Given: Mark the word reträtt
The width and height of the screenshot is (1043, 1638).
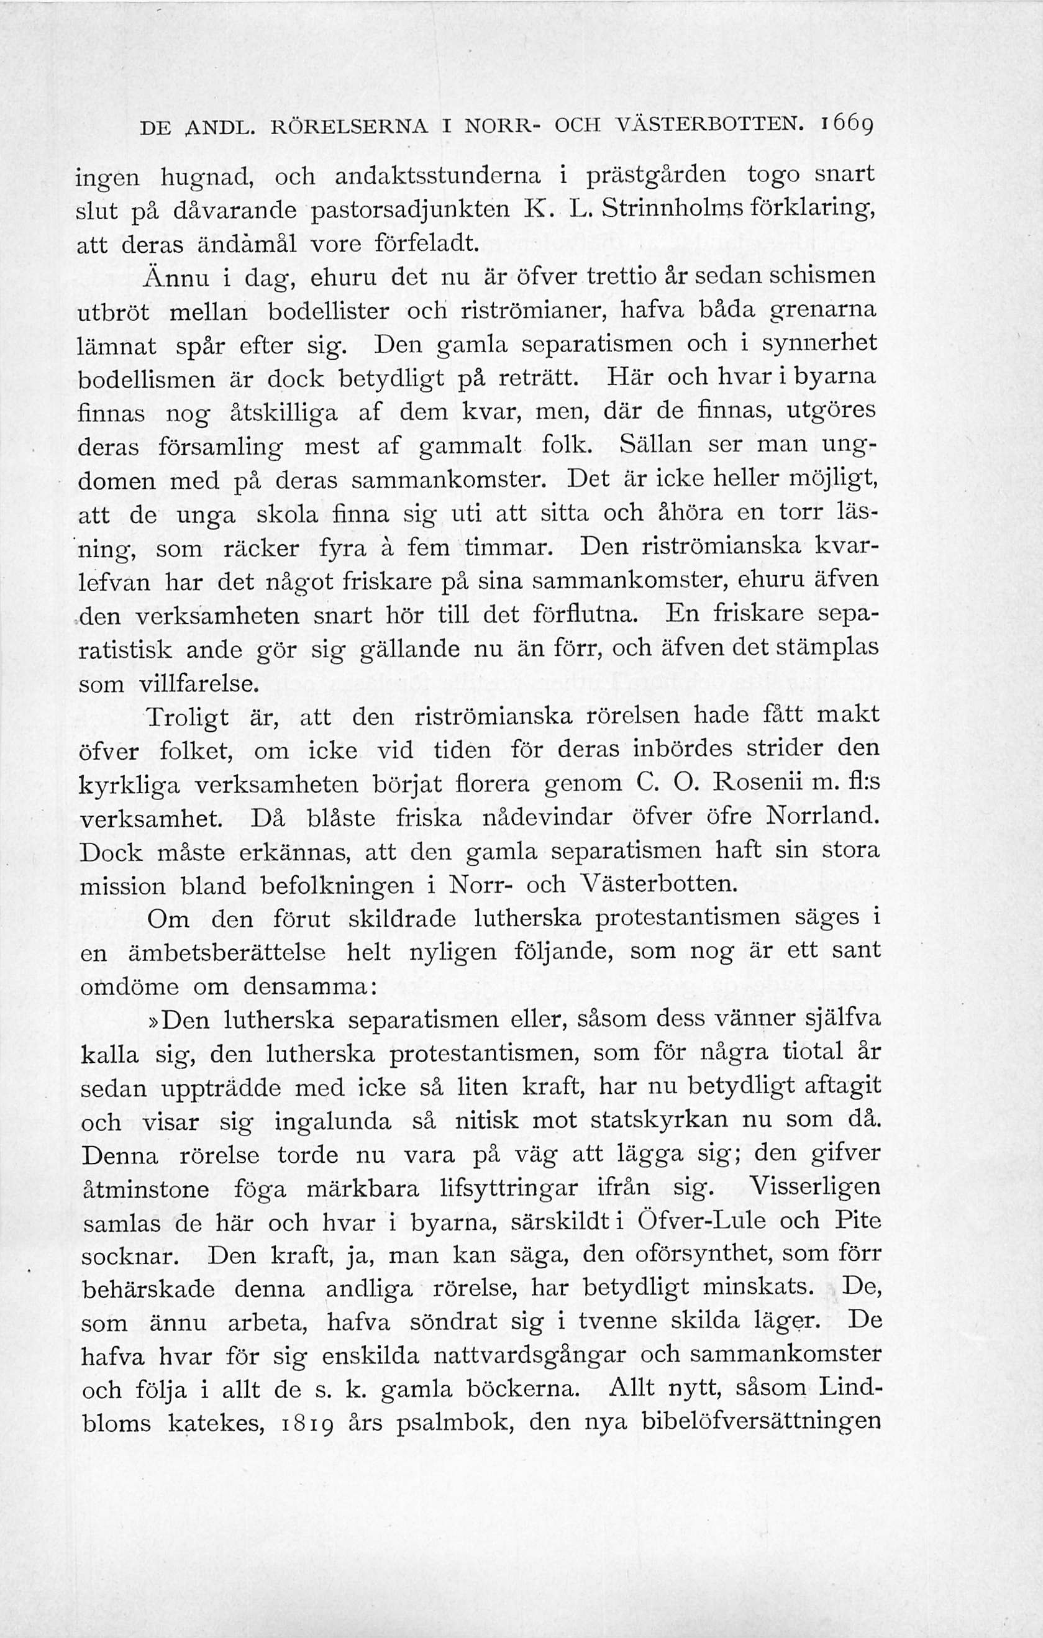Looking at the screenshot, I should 540,379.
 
